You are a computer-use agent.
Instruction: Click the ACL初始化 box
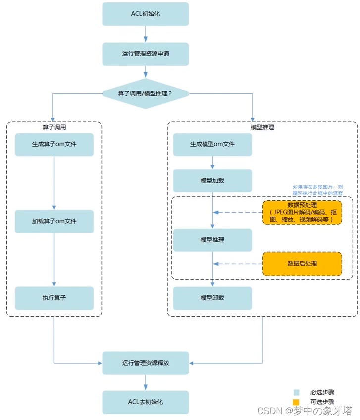point(146,14)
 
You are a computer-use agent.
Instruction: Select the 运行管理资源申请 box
point(146,54)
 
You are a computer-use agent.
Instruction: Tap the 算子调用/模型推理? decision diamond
point(146,93)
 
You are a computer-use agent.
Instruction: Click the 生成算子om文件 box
point(54,144)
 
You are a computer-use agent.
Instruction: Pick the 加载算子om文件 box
point(54,221)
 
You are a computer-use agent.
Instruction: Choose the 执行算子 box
point(54,298)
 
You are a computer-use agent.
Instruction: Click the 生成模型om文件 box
point(212,144)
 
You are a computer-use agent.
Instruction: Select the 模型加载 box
point(212,181)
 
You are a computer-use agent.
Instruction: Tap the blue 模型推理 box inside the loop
point(212,240)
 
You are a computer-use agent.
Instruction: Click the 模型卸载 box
point(212,298)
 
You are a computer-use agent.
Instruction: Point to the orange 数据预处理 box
point(302,212)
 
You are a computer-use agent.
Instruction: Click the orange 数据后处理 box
point(302,264)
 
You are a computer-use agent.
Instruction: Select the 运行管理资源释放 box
point(146,363)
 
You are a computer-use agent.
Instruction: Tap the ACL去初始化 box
point(146,402)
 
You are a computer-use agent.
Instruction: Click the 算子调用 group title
point(54,127)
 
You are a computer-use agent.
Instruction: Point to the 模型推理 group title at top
point(262,127)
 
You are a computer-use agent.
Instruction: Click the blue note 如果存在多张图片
point(317,190)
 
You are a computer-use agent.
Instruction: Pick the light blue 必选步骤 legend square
point(296,392)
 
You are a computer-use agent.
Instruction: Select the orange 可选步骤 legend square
point(296,402)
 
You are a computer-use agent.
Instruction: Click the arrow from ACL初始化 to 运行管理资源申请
point(146,34)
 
